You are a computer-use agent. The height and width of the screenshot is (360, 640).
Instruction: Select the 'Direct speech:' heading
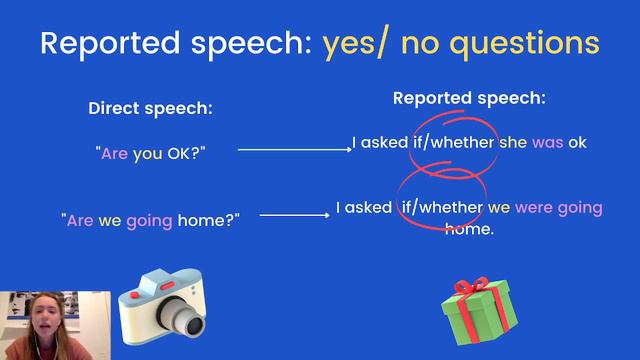150,108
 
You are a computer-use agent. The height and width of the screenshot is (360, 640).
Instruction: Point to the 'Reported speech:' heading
469,98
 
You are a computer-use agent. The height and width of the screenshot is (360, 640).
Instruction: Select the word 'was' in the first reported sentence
548,142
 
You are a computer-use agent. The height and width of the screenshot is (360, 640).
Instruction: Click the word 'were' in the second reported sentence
538,208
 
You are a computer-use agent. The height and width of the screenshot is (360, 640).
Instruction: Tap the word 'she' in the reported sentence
513,142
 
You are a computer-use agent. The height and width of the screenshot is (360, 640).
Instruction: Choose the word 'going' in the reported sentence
581,208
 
